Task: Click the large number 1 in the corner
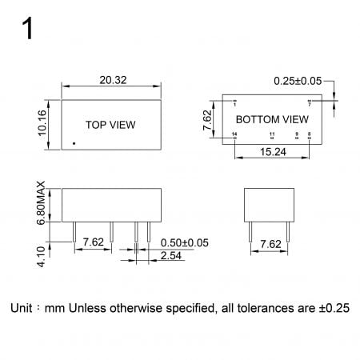[x=28, y=28]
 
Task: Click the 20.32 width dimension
[x=113, y=80]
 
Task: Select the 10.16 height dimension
[x=42, y=123]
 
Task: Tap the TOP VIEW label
[x=110, y=125]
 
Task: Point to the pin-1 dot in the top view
[x=74, y=143]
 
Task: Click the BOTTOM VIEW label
[x=272, y=119]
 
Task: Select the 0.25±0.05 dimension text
[x=298, y=81]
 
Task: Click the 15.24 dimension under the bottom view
[x=273, y=152]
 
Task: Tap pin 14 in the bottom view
[x=234, y=138]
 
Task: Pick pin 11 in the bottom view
[x=272, y=138]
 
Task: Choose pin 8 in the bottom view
[x=310, y=138]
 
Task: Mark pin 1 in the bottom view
[x=234, y=101]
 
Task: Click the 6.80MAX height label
[x=41, y=203]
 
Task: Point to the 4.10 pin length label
[x=42, y=257]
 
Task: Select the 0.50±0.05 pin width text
[x=185, y=243]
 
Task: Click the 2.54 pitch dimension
[x=171, y=255]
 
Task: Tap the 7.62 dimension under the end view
[x=270, y=244]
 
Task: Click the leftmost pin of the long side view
[x=74, y=232]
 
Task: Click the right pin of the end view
[x=288, y=232]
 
